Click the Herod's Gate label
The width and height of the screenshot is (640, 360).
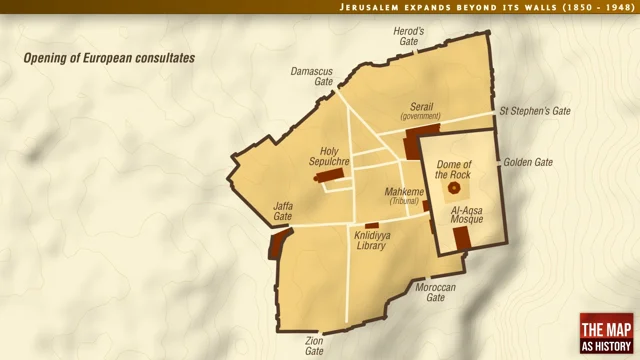click(x=409, y=37)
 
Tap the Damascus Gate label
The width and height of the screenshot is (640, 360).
click(x=311, y=77)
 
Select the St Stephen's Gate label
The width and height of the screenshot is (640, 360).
click(x=535, y=111)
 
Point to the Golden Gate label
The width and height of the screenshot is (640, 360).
click(x=528, y=162)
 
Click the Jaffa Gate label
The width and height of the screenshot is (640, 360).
click(x=283, y=211)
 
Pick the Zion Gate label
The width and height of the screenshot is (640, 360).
click(x=314, y=346)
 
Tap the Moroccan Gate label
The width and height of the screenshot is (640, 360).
click(x=435, y=293)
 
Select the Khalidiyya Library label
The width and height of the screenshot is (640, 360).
click(x=371, y=240)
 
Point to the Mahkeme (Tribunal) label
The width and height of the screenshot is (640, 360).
click(x=404, y=195)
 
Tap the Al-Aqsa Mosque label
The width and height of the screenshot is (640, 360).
click(x=467, y=215)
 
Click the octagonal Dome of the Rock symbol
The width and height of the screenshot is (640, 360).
click(x=455, y=187)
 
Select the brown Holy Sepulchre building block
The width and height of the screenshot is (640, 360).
click(x=330, y=176)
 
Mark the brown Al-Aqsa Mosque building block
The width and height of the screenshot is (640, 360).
click(x=462, y=238)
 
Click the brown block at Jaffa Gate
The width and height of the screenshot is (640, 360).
click(x=277, y=244)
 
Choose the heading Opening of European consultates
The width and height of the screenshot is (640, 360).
click(x=109, y=58)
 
